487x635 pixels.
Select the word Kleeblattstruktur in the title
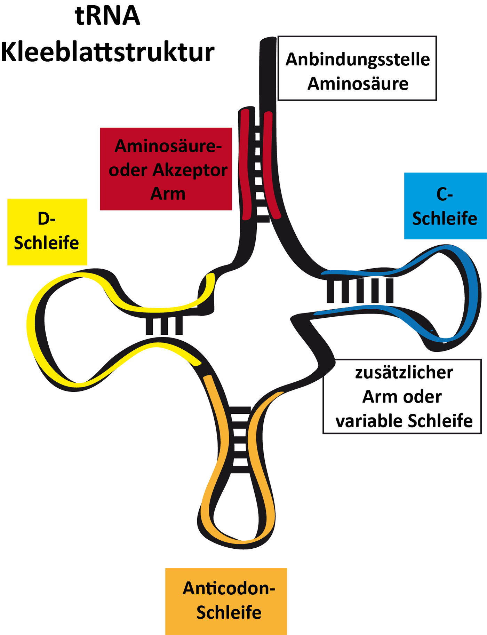click(107, 52)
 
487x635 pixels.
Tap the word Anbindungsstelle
click(358, 60)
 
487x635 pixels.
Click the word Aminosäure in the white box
click(358, 84)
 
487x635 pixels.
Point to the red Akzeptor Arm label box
click(166, 169)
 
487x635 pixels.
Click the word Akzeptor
click(190, 170)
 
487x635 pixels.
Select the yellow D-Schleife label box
click(47, 232)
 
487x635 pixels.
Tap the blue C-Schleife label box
click(445, 206)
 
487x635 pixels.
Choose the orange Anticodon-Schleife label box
click(226, 601)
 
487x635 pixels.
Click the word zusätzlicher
click(404, 373)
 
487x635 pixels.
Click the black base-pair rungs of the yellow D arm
click(164, 326)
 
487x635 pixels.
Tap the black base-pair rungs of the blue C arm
click(360, 291)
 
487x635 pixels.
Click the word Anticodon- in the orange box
click(229, 588)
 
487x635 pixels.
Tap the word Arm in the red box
click(168, 194)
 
